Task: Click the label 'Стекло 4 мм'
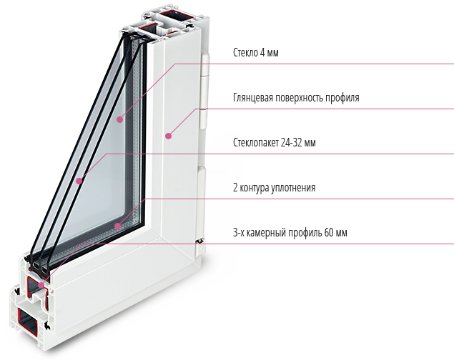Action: tap(256, 53)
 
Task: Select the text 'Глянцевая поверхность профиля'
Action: tap(296, 98)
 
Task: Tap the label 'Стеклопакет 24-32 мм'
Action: tap(275, 143)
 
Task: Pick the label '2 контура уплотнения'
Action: tap(274, 188)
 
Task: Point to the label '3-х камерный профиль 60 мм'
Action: tap(290, 232)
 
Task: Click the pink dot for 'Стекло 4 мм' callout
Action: tap(120, 119)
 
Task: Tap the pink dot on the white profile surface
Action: tap(169, 136)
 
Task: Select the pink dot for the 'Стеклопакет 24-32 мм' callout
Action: tap(79, 181)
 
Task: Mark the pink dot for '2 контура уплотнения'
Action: tap(117, 226)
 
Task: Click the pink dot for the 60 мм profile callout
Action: tap(41, 285)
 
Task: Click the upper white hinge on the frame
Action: tap(204, 91)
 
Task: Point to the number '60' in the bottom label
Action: tap(329, 232)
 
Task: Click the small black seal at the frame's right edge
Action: tap(199, 241)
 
